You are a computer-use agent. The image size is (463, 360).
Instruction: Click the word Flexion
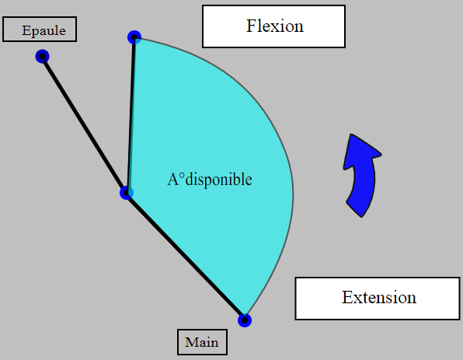coord(275,26)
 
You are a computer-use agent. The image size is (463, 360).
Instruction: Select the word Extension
coord(379,297)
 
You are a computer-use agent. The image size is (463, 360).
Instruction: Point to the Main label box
coord(202,342)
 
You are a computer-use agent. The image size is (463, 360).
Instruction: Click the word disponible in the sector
coord(218,180)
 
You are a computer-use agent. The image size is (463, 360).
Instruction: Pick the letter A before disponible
coord(173,180)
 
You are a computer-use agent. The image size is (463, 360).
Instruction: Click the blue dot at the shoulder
coord(42,56)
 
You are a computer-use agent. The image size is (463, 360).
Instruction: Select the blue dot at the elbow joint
coord(127,193)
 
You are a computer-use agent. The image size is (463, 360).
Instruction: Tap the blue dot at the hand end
coord(245,320)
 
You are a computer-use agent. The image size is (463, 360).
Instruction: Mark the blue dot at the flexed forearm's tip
coord(134,37)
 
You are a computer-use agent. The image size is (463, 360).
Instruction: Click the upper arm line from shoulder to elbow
coord(84,124)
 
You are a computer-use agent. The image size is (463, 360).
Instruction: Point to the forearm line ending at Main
coord(186,257)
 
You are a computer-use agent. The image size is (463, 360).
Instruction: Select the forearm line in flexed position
coord(131,115)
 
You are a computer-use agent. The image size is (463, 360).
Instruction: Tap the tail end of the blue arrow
coord(354,209)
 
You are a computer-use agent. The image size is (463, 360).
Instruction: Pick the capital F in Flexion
coord(251,26)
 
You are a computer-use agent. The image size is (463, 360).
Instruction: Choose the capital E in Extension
coord(347,297)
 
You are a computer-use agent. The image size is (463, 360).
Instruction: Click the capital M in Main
coord(190,342)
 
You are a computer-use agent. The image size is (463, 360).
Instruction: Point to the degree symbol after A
coord(182,177)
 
